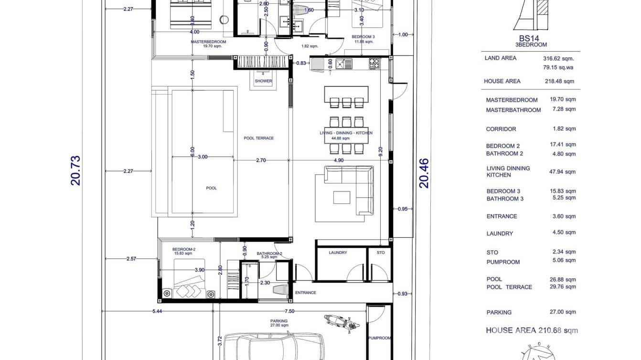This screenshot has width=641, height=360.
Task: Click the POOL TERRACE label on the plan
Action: [x=259, y=138]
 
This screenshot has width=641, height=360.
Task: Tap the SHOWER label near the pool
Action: [x=263, y=81]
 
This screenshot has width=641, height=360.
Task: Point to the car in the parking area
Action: [x=274, y=346]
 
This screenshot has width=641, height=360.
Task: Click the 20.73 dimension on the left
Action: [x=75, y=170]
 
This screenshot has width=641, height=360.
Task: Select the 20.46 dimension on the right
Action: [x=424, y=173]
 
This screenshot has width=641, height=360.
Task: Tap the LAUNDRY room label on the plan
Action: [x=338, y=253]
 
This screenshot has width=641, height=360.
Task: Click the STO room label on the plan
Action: [x=380, y=253]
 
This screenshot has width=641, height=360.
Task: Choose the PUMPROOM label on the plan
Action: [x=380, y=338]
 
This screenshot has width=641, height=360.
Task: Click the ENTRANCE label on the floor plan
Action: [x=306, y=293]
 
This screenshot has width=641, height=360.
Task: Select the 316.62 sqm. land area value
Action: [x=558, y=59]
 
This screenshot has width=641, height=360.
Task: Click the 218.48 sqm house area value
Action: [x=559, y=82]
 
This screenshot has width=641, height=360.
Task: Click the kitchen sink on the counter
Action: [x=344, y=64]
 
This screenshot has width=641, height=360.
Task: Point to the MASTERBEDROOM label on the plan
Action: [x=208, y=42]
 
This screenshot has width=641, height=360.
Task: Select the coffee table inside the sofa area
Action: [x=342, y=197]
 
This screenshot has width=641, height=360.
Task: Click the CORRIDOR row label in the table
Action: [x=501, y=129]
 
